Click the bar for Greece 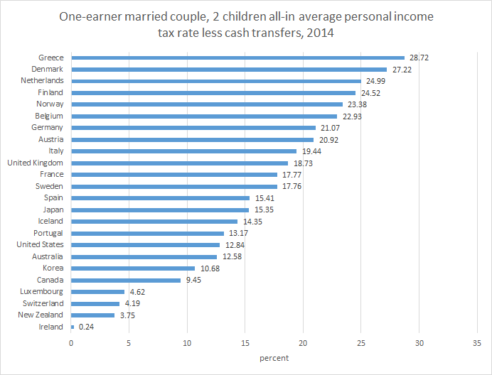point(237,58)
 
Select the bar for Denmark point(229,70)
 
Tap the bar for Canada point(126,280)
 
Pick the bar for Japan point(160,210)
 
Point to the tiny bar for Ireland point(73,327)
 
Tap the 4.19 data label point(132,303)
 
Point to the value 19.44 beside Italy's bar point(311,151)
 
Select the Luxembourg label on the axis point(41,291)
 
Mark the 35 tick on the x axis point(476,343)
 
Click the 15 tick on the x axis point(245,343)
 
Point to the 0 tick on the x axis point(71,343)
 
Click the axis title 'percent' point(274,358)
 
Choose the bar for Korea point(133,268)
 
